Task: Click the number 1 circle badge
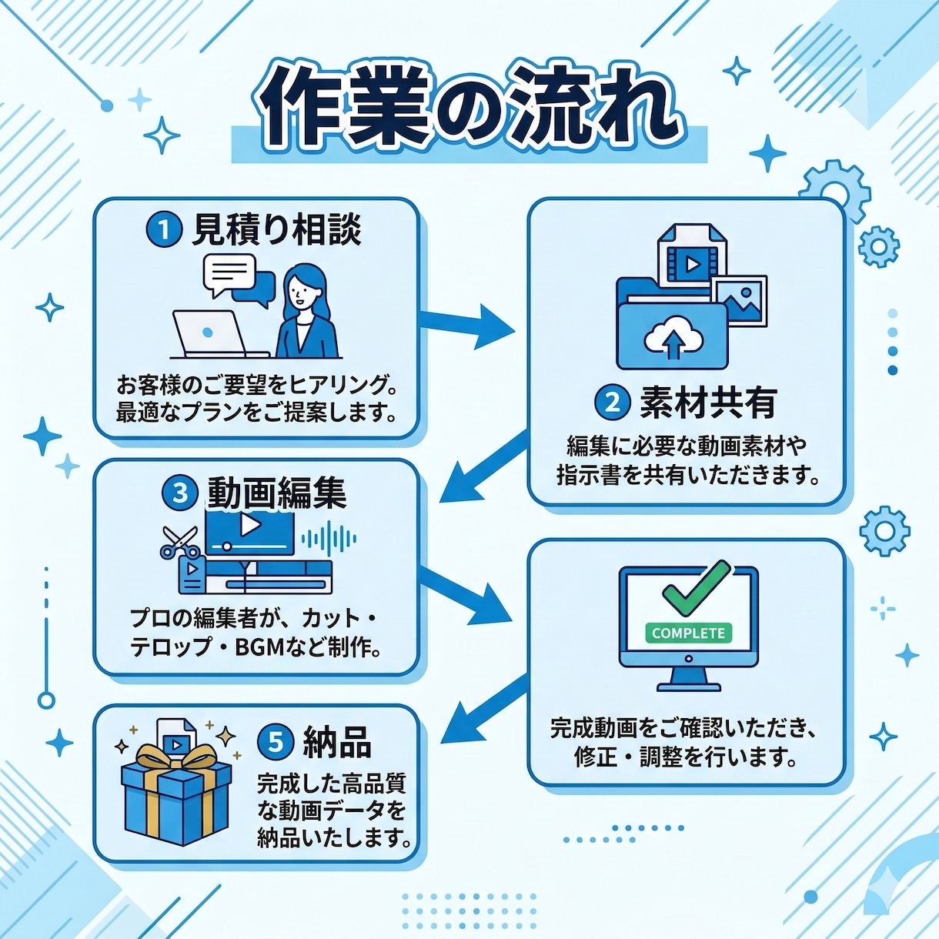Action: pos(164,230)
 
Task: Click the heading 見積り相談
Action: pos(277,230)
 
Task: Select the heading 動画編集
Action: pos(277,493)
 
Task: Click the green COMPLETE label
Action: pos(688,633)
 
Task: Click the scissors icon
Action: pos(179,543)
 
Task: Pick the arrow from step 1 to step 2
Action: pos(466,325)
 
